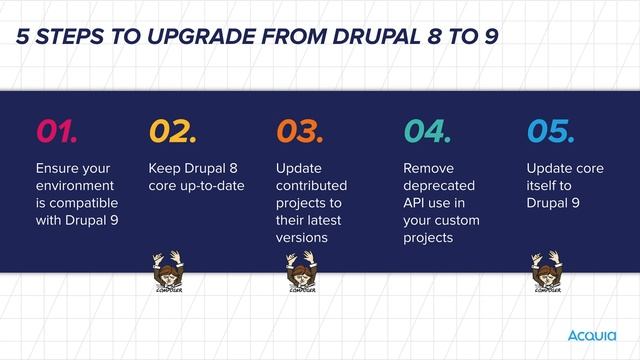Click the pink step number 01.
pyautogui.click(x=57, y=131)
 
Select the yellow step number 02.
pyautogui.click(x=173, y=131)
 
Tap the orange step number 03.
pyautogui.click(x=300, y=131)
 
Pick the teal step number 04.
pyautogui.click(x=427, y=131)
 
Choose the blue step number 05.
pyautogui.click(x=550, y=131)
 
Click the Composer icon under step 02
pyautogui.click(x=167, y=272)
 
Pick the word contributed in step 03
pyautogui.click(x=311, y=186)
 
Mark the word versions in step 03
pyautogui.click(x=301, y=238)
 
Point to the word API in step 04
pyautogui.click(x=415, y=203)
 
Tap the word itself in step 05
pyautogui.click(x=542, y=186)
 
